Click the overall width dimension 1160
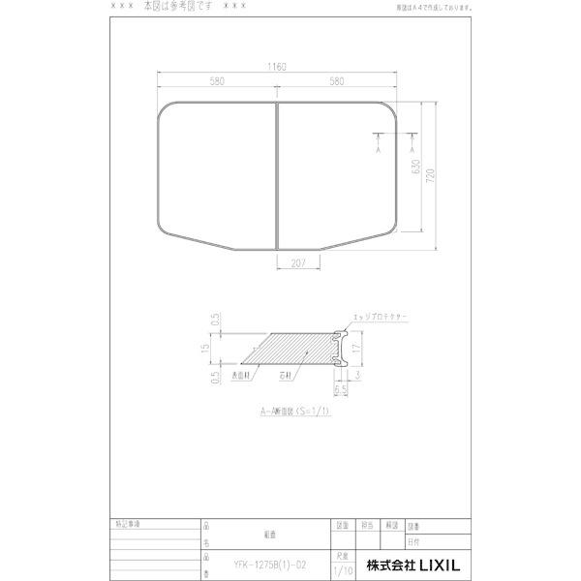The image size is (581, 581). pos(279,67)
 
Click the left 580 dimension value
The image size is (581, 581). pos(217,81)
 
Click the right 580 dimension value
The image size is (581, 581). pos(337,81)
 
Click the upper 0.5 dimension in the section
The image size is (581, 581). pos(216,320)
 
